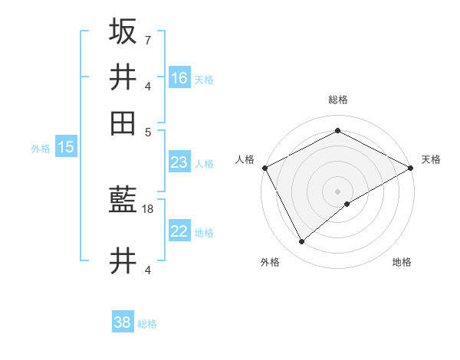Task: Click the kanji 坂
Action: point(123,31)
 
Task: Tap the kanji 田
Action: point(123,123)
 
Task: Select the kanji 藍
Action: point(123,201)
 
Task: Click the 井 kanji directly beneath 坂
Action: point(123,77)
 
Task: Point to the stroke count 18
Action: point(148,208)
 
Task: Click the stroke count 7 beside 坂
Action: point(147,39)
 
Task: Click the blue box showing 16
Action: point(179,77)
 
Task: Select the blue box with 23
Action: point(179,162)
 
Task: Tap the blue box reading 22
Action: point(179,231)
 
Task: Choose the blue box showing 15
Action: point(66,147)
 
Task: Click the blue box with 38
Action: point(123,322)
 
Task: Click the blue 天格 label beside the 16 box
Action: point(204,79)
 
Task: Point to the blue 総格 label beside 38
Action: point(147,324)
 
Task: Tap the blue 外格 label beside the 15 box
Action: point(41,149)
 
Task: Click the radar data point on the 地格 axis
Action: point(348,204)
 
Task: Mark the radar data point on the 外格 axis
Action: point(301,242)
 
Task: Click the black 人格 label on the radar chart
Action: point(245,159)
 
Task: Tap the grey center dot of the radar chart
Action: point(337,191)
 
